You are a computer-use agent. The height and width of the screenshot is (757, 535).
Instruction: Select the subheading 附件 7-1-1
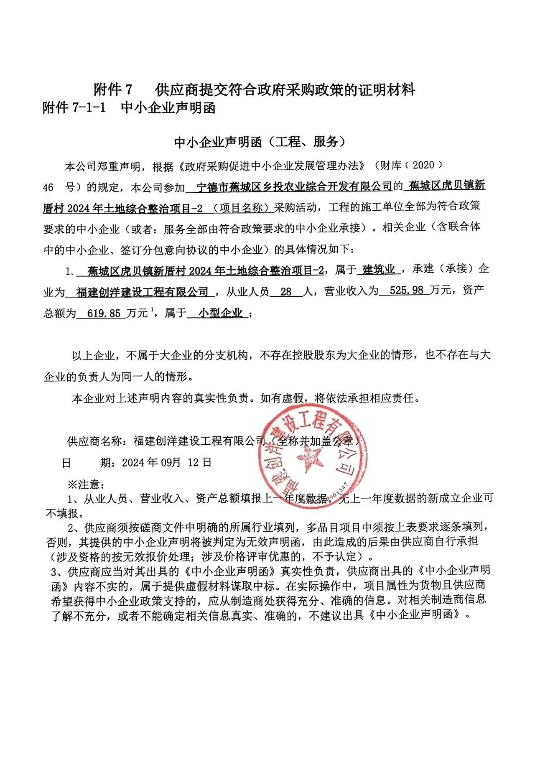74,108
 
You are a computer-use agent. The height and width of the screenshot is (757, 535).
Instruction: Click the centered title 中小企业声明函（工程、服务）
260,142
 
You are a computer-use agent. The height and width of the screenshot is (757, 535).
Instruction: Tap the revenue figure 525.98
406,290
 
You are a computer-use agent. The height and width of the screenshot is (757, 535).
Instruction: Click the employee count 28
286,291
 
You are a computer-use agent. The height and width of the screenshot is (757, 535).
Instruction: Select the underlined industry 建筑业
379,269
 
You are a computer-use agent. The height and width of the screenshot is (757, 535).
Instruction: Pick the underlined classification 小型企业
221,313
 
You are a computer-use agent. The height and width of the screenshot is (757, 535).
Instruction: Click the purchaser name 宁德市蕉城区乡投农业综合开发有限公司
294,186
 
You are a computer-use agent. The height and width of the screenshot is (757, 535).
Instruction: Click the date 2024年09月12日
167,462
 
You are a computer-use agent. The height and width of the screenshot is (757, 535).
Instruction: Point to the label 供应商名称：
99,441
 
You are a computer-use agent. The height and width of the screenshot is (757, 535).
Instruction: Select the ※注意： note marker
86,484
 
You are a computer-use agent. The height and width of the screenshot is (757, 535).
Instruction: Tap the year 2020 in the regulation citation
423,165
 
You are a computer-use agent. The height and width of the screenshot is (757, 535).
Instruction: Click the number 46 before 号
48,187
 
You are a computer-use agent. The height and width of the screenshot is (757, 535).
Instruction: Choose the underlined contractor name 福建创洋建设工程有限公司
143,292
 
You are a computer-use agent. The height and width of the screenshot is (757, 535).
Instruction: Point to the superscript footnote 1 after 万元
153,310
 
